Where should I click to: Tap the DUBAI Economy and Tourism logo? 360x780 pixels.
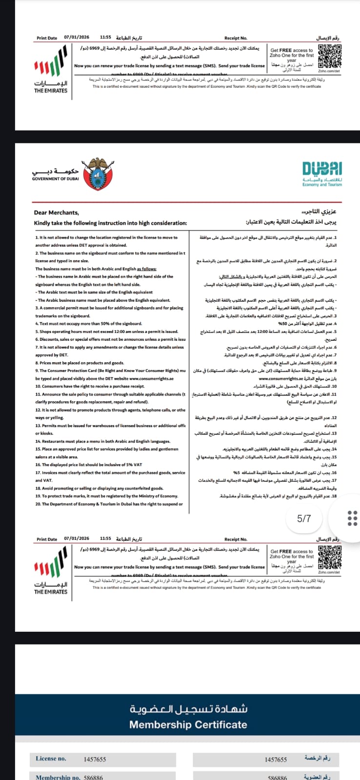322,174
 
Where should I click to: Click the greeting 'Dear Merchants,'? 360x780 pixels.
56,213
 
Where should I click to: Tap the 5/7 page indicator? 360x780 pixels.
304,518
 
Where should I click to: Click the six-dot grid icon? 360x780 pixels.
352,518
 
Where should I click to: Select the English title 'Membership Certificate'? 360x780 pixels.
188,724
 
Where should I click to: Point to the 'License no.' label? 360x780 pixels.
51,759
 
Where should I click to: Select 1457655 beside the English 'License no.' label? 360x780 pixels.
95,759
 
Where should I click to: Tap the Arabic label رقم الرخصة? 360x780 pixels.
317,758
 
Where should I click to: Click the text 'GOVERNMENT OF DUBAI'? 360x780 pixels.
55,179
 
